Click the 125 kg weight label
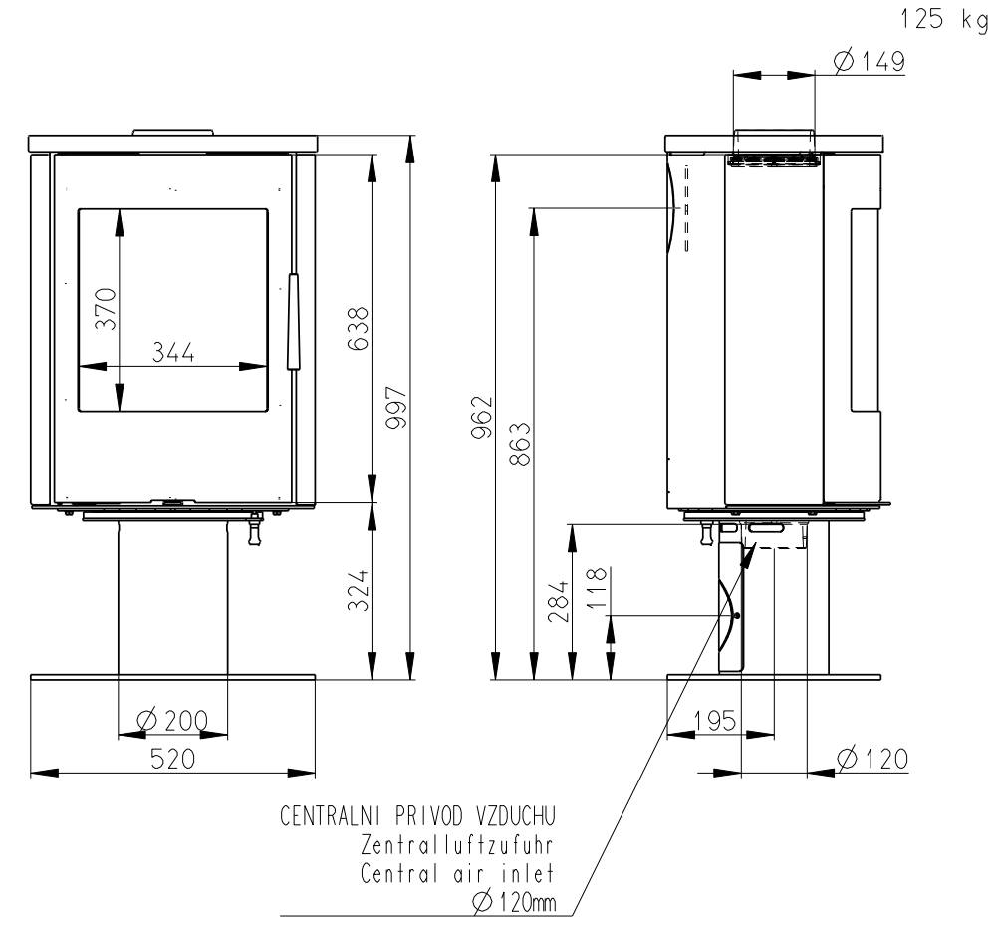click(x=944, y=19)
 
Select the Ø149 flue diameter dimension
click(x=870, y=61)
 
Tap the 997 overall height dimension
click(x=396, y=407)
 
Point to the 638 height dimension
click(x=358, y=328)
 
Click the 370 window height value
click(x=106, y=309)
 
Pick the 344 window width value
click(x=173, y=352)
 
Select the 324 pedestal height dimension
click(x=358, y=590)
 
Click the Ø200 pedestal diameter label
click(x=172, y=720)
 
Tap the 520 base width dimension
click(x=172, y=759)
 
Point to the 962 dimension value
click(x=482, y=417)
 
